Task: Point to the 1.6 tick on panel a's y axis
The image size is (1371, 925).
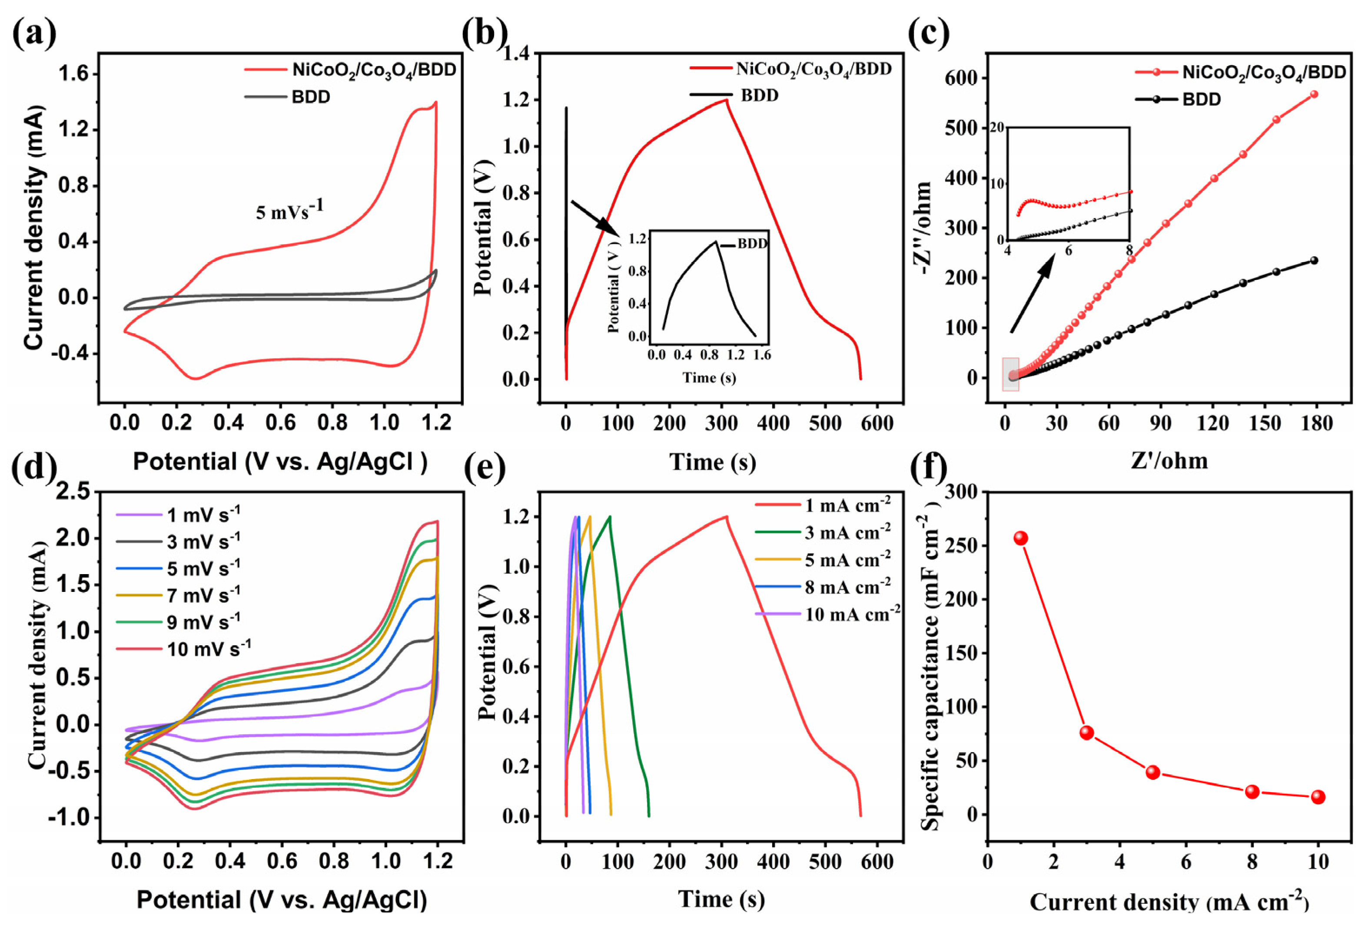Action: tap(73, 74)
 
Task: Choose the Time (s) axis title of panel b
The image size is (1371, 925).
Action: tap(713, 462)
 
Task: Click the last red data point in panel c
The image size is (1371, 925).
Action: tap(1314, 94)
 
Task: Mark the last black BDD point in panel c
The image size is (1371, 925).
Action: tap(1314, 260)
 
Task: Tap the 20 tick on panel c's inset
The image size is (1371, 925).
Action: tap(997, 127)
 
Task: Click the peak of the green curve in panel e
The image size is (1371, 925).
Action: tap(609, 516)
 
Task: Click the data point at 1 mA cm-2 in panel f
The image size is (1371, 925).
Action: tap(1021, 538)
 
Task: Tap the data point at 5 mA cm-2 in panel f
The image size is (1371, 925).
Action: tap(1153, 772)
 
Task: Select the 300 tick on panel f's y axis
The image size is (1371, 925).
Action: tap(960, 491)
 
